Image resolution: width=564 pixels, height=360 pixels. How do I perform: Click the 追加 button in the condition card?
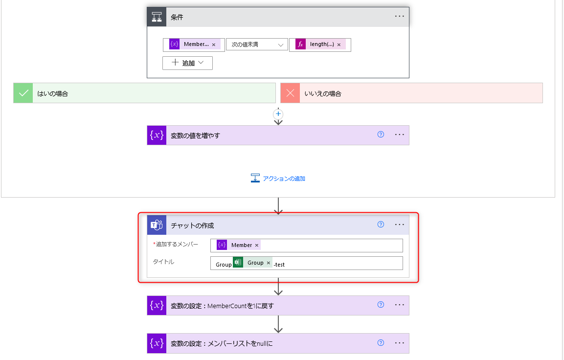[187, 63]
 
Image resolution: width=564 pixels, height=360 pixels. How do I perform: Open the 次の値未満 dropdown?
[257, 45]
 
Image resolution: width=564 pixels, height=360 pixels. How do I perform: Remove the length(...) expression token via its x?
[339, 45]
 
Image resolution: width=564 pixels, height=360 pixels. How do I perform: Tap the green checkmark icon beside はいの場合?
[23, 93]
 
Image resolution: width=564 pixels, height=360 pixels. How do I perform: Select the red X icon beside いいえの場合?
[290, 93]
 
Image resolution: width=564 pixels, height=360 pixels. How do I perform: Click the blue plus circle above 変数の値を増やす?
[278, 114]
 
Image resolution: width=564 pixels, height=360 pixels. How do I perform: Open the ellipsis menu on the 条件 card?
[400, 16]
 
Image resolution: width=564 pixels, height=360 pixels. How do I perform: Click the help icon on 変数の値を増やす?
[381, 135]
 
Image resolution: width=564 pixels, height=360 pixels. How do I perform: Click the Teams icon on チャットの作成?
[157, 225]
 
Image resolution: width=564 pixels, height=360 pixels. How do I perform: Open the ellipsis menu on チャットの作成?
[400, 225]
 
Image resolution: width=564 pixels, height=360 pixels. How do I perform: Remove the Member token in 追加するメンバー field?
[257, 245]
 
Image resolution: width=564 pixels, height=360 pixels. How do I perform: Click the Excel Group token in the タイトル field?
[255, 263]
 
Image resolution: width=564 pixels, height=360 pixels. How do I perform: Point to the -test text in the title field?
[279, 265]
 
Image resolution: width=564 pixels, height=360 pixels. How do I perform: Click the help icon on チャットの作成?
[381, 225]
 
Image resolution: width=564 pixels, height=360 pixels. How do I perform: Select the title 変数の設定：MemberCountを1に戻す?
[222, 306]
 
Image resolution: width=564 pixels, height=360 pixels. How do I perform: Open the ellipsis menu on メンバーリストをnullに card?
[400, 343]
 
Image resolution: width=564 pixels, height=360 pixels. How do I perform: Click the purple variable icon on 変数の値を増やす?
[157, 135]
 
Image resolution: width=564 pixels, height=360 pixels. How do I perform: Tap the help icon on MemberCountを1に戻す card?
[381, 305]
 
